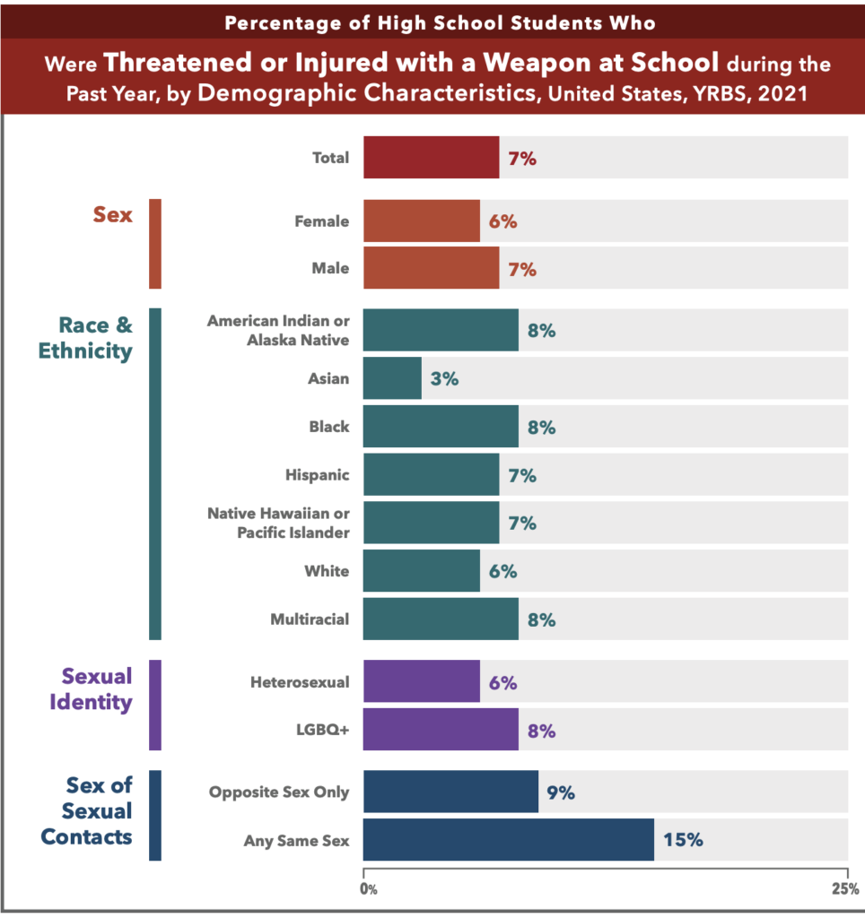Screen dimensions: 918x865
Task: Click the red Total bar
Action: pyautogui.click(x=431, y=158)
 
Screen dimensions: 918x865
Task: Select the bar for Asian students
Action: pyautogui.click(x=392, y=378)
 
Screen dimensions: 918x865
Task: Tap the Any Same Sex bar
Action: pyautogui.click(x=508, y=840)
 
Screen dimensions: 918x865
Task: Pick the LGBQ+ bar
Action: pyautogui.click(x=441, y=730)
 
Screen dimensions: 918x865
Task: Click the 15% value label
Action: pyautogui.click(x=683, y=840)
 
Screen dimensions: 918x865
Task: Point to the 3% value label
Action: pyautogui.click(x=444, y=378)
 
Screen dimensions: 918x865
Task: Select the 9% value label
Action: pyautogui.click(x=560, y=792)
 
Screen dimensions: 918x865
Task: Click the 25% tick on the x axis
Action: pyautogui.click(x=844, y=889)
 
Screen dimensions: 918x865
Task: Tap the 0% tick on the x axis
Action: pyautogui.click(x=368, y=889)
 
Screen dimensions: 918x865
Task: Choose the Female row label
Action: pyautogui.click(x=322, y=221)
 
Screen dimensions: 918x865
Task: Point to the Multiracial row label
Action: pyautogui.click(x=310, y=619)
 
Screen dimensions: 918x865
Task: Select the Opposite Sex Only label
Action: pyautogui.click(x=279, y=792)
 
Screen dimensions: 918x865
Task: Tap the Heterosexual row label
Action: pyautogui.click(x=300, y=682)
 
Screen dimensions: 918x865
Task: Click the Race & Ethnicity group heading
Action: pyautogui.click(x=85, y=337)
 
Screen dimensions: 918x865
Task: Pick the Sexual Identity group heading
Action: pyautogui.click(x=96, y=688)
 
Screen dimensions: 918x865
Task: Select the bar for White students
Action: pyautogui.click(x=422, y=571)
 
